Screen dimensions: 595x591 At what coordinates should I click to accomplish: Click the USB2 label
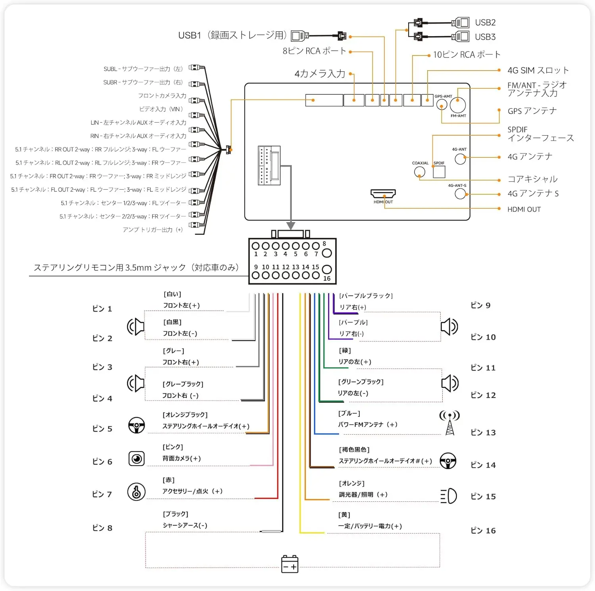click(x=485, y=23)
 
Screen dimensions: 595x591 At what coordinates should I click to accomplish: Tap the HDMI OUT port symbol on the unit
click(x=383, y=193)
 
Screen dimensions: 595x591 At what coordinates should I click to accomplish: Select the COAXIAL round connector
click(x=419, y=172)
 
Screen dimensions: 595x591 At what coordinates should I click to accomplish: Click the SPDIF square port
click(x=439, y=172)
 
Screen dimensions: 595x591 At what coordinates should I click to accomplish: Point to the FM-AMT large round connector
click(x=458, y=105)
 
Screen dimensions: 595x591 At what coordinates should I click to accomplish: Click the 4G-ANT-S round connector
click(x=460, y=194)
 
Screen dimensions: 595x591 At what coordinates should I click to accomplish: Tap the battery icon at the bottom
click(x=290, y=564)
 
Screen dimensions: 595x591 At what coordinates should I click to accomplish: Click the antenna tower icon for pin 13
click(x=449, y=423)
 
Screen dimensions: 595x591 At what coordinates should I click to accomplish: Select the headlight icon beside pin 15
click(x=449, y=496)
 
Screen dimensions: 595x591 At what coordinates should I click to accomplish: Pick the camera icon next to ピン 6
click(x=136, y=459)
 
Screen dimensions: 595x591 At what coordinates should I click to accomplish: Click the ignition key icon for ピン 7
click(x=136, y=492)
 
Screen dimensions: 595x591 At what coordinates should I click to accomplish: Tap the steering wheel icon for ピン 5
click(x=136, y=425)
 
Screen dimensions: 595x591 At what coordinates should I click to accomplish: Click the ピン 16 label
click(x=483, y=530)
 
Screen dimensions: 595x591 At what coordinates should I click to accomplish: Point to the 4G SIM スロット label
click(x=538, y=70)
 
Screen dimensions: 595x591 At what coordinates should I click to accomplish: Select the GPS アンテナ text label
click(x=532, y=111)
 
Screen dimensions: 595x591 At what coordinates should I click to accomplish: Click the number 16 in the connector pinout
click(x=327, y=278)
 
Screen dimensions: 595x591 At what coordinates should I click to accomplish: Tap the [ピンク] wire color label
click(x=173, y=447)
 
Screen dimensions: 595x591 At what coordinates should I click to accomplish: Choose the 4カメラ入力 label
click(x=320, y=74)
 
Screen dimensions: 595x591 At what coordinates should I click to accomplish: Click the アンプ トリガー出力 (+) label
click(x=153, y=230)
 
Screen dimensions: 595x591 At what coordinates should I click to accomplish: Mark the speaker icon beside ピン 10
click(x=449, y=326)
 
